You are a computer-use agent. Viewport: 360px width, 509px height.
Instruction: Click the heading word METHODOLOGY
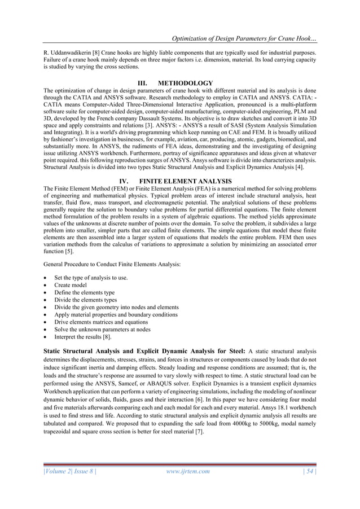click(x=185, y=84)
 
